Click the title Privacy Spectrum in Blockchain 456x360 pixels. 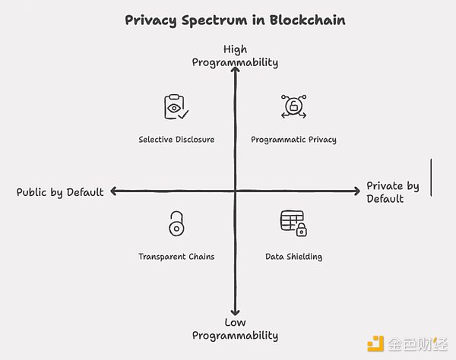pyautogui.click(x=235, y=21)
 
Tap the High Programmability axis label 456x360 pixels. pyautogui.click(x=235, y=55)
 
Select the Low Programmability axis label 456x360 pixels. pyautogui.click(x=235, y=329)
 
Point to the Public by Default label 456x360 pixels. pyautogui.click(x=60, y=192)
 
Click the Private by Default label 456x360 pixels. pyautogui.click(x=393, y=192)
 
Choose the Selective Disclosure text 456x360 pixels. pyautogui.click(x=176, y=140)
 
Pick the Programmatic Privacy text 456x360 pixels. pyautogui.click(x=293, y=140)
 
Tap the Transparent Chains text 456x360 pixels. pyautogui.click(x=176, y=257)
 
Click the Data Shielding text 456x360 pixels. pyautogui.click(x=293, y=257)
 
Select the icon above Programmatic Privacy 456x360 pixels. pyautogui.click(x=293, y=106)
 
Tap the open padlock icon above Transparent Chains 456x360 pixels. pyautogui.click(x=176, y=224)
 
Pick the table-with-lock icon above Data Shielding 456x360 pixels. pyautogui.click(x=293, y=223)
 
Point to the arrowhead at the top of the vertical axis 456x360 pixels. pyautogui.click(x=236, y=71)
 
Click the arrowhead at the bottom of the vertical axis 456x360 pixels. pyautogui.click(x=236, y=311)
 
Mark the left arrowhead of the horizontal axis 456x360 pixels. pyautogui.click(x=113, y=191)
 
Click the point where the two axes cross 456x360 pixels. pyautogui.click(x=236, y=191)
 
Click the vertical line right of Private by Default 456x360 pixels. pyautogui.click(x=432, y=178)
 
